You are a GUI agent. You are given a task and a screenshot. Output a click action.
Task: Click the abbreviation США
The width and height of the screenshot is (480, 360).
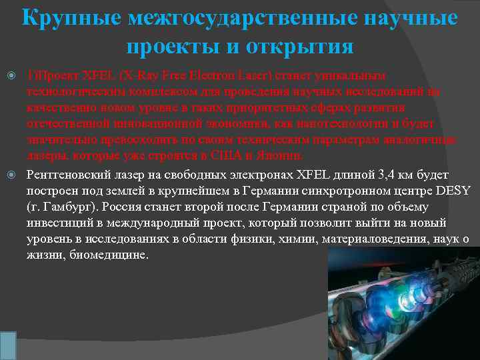point(225,156)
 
